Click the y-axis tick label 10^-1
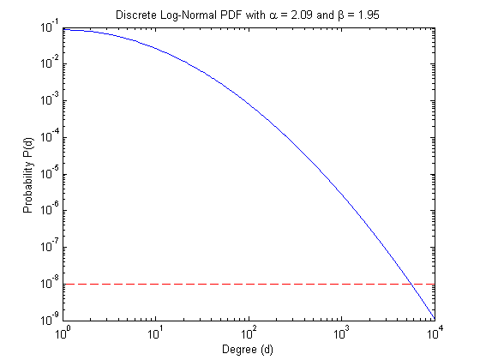tap(50, 27)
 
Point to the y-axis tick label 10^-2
tap(50, 63)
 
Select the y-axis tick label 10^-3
tap(50, 99)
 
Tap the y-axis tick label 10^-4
tap(50, 136)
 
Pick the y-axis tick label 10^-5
tap(50, 173)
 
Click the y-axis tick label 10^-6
tap(50, 210)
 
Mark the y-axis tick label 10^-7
tap(50, 247)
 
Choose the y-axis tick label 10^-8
tap(50, 283)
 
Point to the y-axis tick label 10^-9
tap(50, 320)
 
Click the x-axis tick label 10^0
tap(63, 333)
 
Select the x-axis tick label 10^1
tap(155, 333)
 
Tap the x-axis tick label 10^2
tap(249, 333)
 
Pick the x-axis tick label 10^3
tap(341, 333)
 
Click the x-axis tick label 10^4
tap(435, 333)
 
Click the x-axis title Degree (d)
tap(248, 350)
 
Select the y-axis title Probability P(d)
tap(27, 175)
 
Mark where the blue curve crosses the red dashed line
tap(412, 285)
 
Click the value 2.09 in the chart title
tap(301, 15)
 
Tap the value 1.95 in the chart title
tap(369, 15)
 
